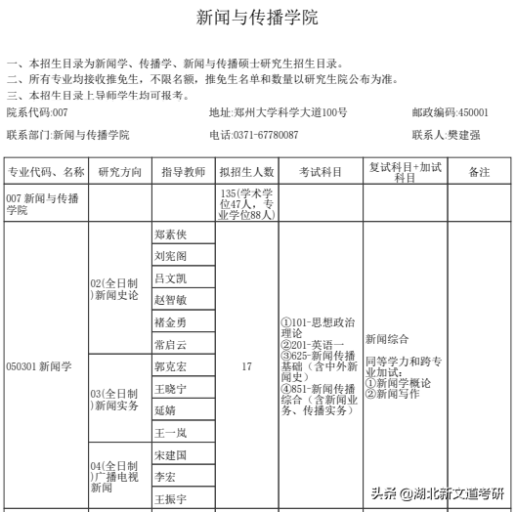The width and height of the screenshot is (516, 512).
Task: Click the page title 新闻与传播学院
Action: [257, 19]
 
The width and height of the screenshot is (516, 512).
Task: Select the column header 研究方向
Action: [120, 172]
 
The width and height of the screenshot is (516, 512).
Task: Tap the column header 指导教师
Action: [183, 172]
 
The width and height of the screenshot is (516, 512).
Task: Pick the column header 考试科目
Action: [320, 172]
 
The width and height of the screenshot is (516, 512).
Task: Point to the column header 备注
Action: [479, 172]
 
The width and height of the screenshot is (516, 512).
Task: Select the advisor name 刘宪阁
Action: [170, 256]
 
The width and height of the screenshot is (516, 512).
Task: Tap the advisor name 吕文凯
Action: [170, 278]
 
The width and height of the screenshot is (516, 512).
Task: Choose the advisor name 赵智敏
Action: [170, 300]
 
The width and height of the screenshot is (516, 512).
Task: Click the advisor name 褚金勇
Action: [170, 322]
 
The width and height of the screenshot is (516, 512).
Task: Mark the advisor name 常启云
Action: [170, 344]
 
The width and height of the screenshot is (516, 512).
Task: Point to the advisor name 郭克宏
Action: [170, 366]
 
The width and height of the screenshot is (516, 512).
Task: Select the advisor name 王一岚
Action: [170, 432]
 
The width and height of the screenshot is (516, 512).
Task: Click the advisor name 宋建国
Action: [170, 454]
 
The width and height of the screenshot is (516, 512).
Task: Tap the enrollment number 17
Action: [246, 367]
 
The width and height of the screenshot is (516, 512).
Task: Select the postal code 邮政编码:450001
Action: [450, 113]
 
